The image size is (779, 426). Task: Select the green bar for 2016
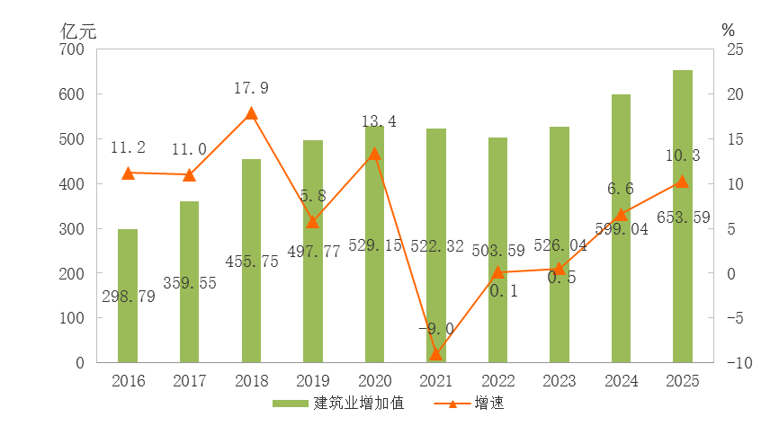(x=128, y=297)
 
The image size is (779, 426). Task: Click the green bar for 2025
(x=683, y=216)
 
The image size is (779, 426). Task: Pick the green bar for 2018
(x=251, y=261)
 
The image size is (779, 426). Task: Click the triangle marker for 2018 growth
(x=251, y=113)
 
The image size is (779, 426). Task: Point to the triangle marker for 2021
(x=436, y=354)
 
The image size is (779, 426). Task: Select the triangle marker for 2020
(x=374, y=154)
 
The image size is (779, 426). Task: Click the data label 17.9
(x=251, y=88)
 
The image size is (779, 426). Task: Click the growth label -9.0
(x=435, y=329)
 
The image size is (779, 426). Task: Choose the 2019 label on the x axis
(x=313, y=382)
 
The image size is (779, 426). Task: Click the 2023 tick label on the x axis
(x=560, y=382)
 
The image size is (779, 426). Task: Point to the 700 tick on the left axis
(x=75, y=49)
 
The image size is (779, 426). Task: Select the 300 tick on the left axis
(x=75, y=228)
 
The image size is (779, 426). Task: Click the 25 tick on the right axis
(x=735, y=49)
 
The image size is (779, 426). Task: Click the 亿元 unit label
(x=78, y=29)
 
